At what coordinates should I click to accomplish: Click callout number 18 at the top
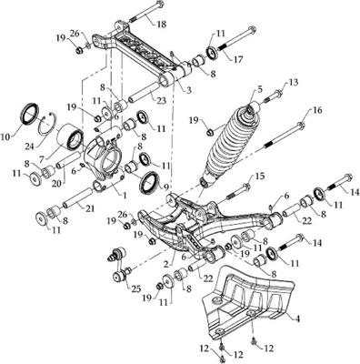click(162, 23)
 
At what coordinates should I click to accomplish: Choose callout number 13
click(294, 83)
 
